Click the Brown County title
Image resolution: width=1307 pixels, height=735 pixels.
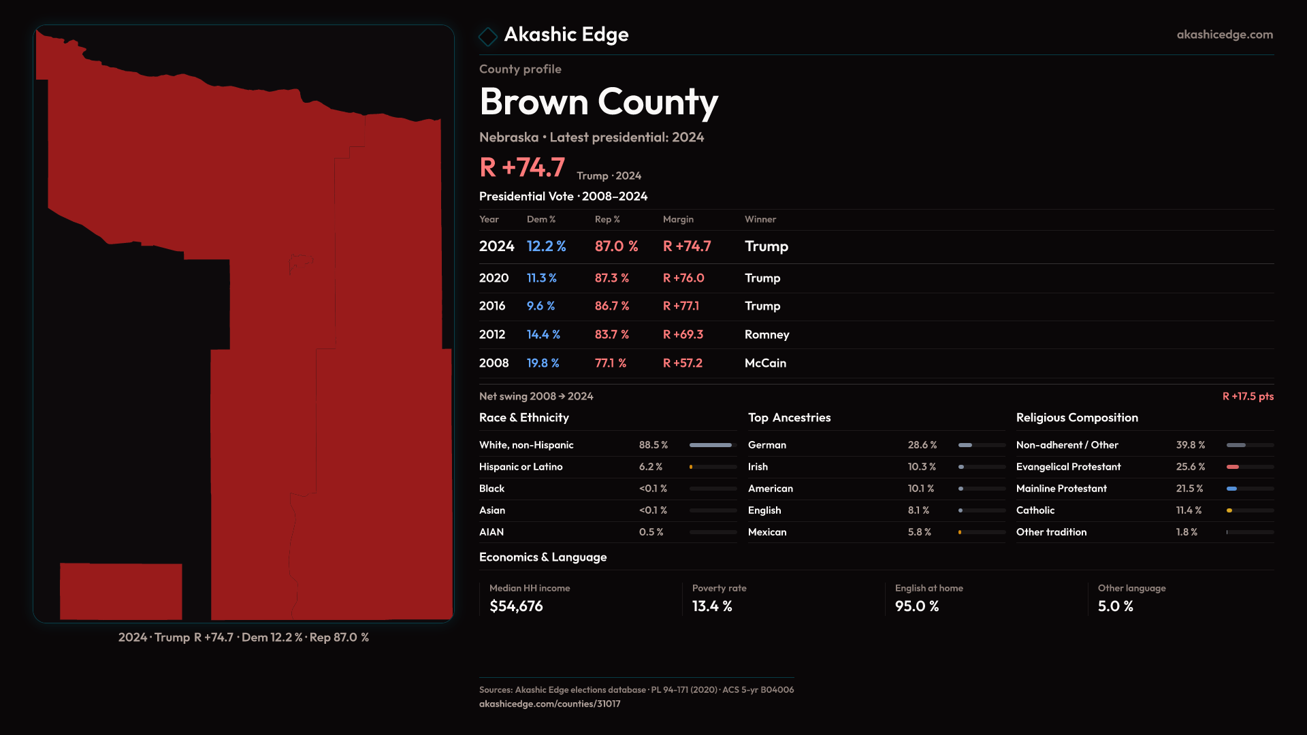pyautogui.click(x=598, y=102)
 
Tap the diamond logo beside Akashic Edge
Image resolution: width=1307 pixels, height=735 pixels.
pyautogui.click(x=488, y=36)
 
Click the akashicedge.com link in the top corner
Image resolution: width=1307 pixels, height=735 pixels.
pyautogui.click(x=1224, y=35)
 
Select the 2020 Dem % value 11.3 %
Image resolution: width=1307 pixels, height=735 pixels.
pyautogui.click(x=541, y=278)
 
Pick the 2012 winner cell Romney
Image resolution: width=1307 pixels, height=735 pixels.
pyautogui.click(x=767, y=335)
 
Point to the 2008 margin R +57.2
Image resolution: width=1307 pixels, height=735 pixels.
pyautogui.click(x=682, y=363)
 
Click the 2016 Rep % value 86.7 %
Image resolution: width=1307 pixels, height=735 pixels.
pyautogui.click(x=611, y=306)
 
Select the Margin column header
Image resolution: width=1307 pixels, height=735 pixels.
pyautogui.click(x=678, y=219)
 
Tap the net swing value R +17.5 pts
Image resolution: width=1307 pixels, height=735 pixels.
pyautogui.click(x=1247, y=396)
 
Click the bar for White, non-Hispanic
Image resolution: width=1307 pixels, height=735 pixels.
pyautogui.click(x=712, y=445)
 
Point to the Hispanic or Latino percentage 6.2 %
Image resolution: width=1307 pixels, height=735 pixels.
pyautogui.click(x=650, y=467)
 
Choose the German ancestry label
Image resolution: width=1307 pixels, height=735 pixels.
pyautogui.click(x=767, y=445)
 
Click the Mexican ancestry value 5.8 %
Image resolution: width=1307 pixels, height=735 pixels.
pyautogui.click(x=919, y=532)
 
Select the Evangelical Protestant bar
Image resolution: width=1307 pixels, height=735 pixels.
pyautogui.click(x=1249, y=467)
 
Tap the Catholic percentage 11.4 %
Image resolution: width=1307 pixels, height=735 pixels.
pyautogui.click(x=1188, y=510)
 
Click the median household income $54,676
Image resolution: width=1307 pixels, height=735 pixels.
pyautogui.click(x=516, y=606)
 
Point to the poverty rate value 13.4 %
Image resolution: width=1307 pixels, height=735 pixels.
pyautogui.click(x=711, y=606)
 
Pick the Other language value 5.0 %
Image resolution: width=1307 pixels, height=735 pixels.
pyautogui.click(x=1115, y=606)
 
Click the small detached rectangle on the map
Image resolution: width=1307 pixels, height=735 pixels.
pyautogui.click(x=120, y=591)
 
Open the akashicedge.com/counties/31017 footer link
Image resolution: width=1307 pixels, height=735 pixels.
pyautogui.click(x=549, y=704)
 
